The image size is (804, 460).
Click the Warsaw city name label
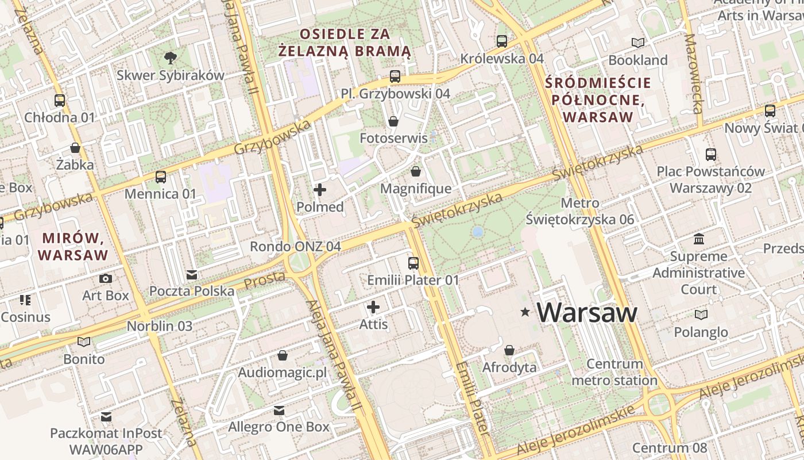[x=587, y=313]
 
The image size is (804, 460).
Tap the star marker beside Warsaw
[x=525, y=312]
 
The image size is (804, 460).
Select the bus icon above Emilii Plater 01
[x=413, y=263]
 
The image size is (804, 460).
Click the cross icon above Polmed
[x=320, y=190]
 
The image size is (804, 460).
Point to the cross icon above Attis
[x=373, y=307]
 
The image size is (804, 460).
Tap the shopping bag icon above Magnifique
[x=416, y=172]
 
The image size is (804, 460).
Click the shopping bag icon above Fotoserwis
[x=393, y=121]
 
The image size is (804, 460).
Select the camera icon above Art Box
[x=106, y=279]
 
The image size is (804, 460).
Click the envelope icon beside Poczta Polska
[x=192, y=275]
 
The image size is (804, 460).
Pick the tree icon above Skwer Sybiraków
[x=170, y=57]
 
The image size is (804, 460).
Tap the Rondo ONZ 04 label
[x=295, y=247]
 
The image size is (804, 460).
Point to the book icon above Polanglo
[x=701, y=315]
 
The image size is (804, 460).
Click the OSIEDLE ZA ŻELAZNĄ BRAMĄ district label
[x=345, y=43]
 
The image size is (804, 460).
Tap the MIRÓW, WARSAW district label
[x=74, y=246]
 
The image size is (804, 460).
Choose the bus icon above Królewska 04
[x=502, y=41]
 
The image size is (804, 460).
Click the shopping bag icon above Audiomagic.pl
[x=282, y=355]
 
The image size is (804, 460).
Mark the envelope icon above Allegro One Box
[x=279, y=411]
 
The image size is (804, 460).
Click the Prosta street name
[x=265, y=281]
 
